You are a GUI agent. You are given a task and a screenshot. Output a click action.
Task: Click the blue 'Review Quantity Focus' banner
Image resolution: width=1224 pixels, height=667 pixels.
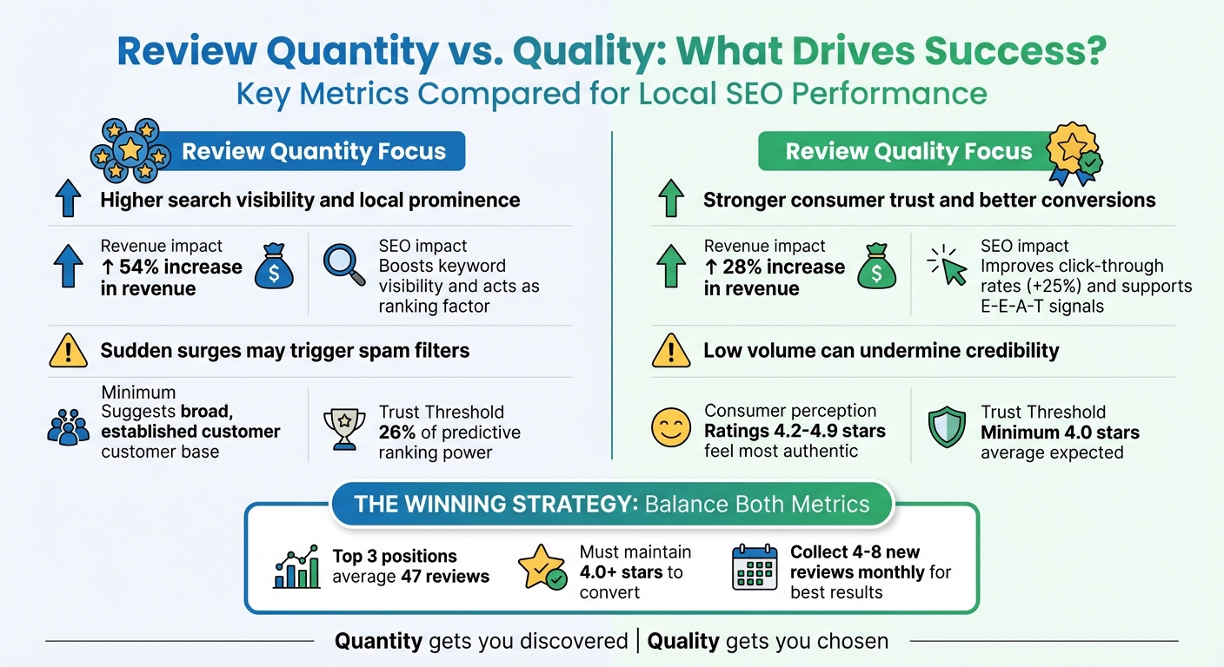[x=313, y=152]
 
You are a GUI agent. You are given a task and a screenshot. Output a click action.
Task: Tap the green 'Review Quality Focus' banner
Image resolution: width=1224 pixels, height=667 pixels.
[x=908, y=152]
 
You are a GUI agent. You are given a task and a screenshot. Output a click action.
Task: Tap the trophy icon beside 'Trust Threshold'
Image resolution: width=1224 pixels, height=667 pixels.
[x=344, y=429]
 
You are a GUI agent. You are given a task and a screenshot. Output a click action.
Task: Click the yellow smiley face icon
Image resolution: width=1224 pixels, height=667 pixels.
[x=670, y=429]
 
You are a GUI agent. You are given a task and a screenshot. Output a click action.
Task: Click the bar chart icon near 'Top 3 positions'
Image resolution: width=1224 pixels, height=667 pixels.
[x=296, y=568]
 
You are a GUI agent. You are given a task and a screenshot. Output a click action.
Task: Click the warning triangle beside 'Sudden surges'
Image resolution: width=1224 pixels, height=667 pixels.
[x=69, y=351]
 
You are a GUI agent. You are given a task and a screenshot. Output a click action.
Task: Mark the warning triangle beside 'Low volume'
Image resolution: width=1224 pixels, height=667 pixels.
[x=671, y=351]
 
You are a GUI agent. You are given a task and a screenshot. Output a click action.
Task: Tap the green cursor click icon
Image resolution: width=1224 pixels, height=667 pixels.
[x=948, y=264]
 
